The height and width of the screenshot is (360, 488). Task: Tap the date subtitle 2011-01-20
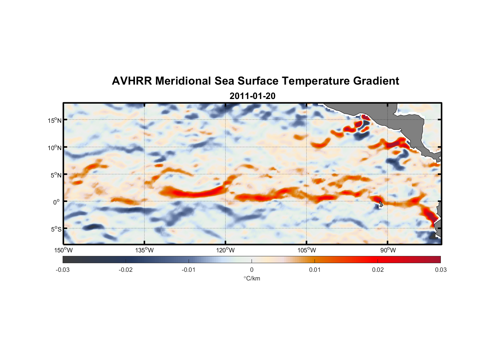pyautogui.click(x=252, y=96)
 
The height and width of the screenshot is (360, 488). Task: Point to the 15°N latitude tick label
pyautogui.click(x=54, y=120)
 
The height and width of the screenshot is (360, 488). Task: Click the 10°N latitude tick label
pyautogui.click(x=54, y=148)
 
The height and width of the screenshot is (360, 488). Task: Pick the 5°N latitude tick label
pyautogui.click(x=56, y=175)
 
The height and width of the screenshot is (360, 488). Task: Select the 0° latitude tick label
pyautogui.click(x=57, y=202)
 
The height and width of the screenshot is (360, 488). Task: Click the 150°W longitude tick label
pyautogui.click(x=63, y=250)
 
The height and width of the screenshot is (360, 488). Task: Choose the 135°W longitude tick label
pyautogui.click(x=144, y=250)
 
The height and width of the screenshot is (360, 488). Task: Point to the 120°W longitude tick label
pyautogui.click(x=225, y=250)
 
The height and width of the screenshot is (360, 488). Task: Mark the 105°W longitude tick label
pyautogui.click(x=307, y=250)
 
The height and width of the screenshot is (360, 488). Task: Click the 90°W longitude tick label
pyautogui.click(x=388, y=250)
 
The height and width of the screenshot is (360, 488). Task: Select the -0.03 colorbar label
pyautogui.click(x=63, y=270)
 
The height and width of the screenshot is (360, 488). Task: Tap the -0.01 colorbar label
pyautogui.click(x=189, y=270)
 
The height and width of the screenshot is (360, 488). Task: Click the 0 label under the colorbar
pyautogui.click(x=252, y=270)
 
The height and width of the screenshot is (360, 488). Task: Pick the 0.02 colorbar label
pyautogui.click(x=378, y=270)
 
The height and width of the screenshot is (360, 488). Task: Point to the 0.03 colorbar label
pyautogui.click(x=440, y=270)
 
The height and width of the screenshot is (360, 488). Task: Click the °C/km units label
pyautogui.click(x=252, y=278)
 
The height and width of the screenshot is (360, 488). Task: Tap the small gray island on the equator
pyautogui.click(x=380, y=204)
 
